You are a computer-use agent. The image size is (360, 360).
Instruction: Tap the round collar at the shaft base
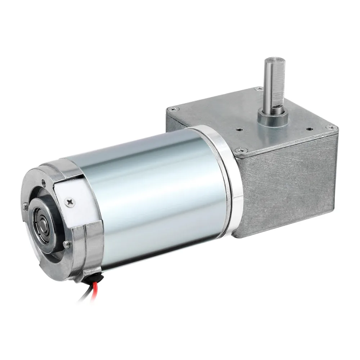(x=273, y=118)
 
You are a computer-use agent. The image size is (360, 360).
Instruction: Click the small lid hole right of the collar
(x=309, y=129)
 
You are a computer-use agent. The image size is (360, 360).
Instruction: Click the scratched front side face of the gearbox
(x=288, y=187)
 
